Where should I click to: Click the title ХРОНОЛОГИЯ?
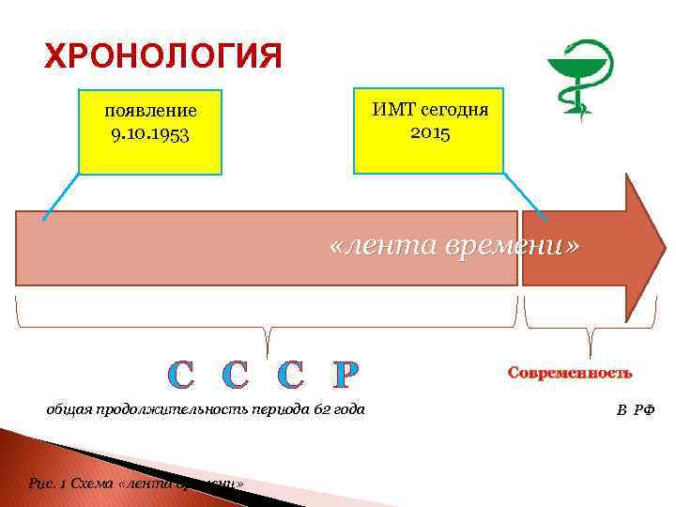[162, 56]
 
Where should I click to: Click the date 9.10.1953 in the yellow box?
[149, 133]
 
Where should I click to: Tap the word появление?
[150, 112]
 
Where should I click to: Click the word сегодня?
[455, 109]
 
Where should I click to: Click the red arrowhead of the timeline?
[642, 247]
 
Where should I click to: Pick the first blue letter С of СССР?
[180, 376]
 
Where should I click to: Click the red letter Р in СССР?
[346, 376]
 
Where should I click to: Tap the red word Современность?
[570, 373]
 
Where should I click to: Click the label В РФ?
[636, 410]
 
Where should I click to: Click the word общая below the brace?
[69, 409]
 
